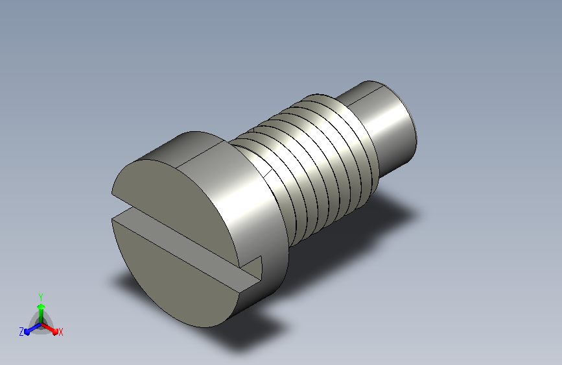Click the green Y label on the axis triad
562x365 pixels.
[x=41, y=297]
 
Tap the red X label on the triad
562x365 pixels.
[x=60, y=332]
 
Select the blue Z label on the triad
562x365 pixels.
[x=21, y=332]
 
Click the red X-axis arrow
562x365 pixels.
[x=49, y=329]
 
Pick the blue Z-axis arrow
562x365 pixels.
[x=33, y=329]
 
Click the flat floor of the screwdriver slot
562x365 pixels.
[x=187, y=248]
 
